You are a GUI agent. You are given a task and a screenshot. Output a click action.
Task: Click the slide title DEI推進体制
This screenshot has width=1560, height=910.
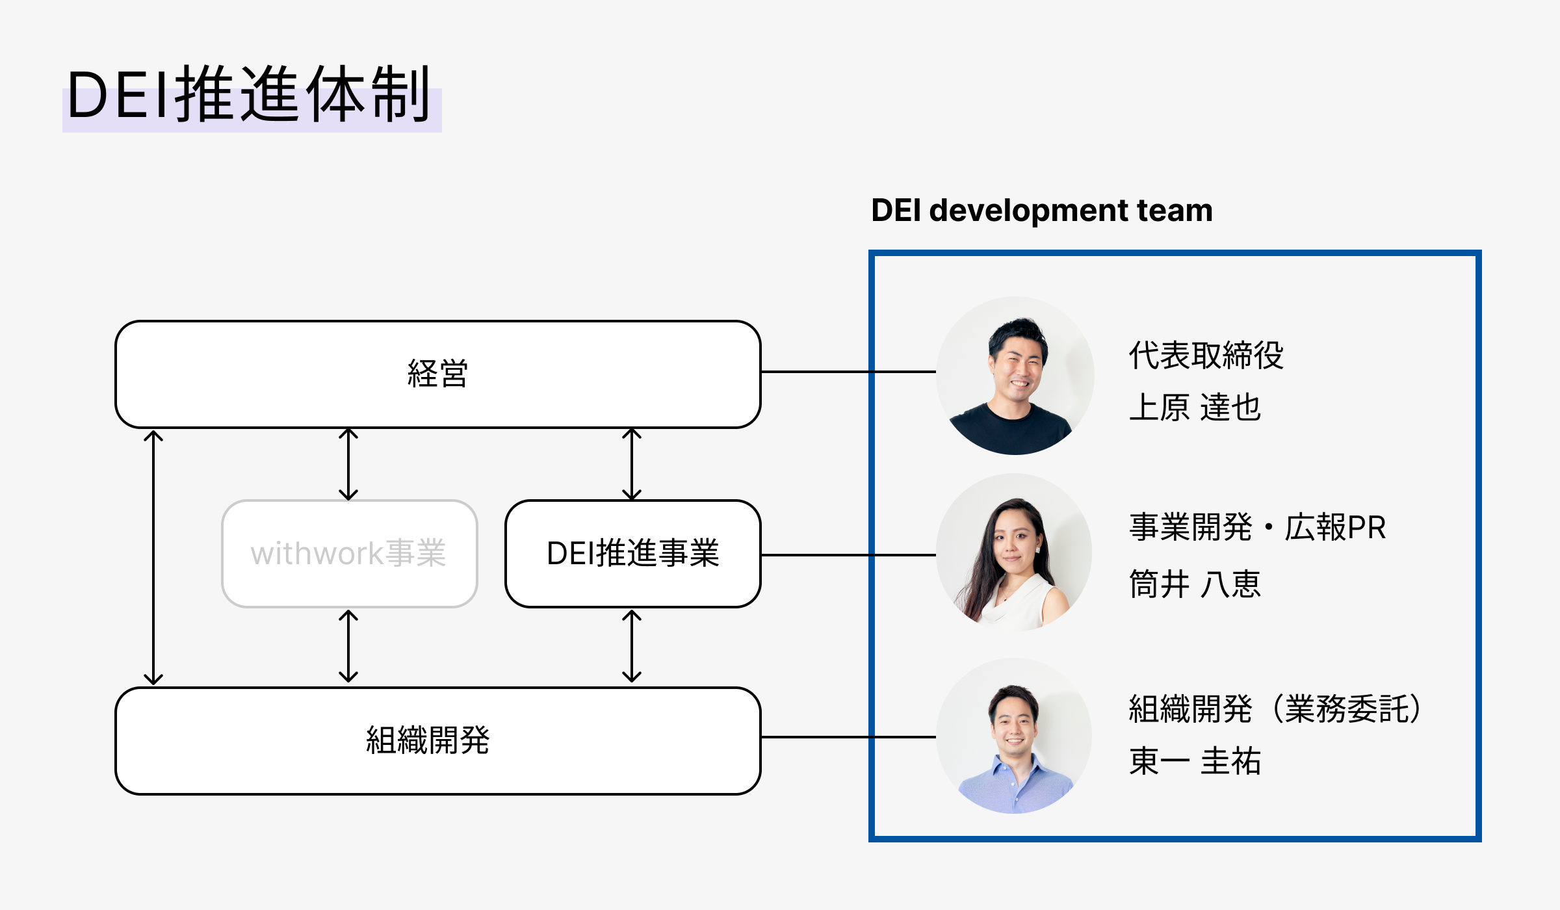[x=249, y=95]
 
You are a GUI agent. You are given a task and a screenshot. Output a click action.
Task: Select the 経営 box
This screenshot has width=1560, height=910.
[x=438, y=374]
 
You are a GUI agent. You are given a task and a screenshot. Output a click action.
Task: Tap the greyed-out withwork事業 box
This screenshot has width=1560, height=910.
[x=350, y=554]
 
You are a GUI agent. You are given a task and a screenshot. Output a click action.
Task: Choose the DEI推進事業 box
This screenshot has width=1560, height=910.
[x=633, y=554]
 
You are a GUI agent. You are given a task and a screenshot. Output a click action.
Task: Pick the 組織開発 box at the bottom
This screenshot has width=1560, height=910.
[x=438, y=741]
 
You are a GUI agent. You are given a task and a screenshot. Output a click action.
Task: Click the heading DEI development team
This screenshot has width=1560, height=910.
[x=1042, y=211]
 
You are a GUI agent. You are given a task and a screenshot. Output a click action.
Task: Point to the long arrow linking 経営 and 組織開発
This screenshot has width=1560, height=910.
[x=153, y=558]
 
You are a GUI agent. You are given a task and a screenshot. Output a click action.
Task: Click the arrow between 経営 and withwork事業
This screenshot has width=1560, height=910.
[x=348, y=464]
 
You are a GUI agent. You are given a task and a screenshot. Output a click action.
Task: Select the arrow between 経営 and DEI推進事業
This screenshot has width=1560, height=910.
[x=632, y=464]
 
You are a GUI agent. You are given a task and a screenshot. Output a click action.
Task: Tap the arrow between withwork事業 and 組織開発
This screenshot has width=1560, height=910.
[x=348, y=646]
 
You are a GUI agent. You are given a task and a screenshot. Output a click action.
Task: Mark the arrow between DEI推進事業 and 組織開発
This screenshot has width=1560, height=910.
[x=632, y=646]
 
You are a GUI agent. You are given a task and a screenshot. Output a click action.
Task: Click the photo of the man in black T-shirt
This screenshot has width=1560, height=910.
[x=1015, y=376]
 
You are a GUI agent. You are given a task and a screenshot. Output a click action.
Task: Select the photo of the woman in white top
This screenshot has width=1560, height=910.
[x=1014, y=552]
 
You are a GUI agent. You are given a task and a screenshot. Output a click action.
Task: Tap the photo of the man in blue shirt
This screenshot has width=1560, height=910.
[x=1014, y=736]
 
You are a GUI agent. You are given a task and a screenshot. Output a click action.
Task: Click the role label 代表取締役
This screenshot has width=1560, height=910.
[x=1206, y=356]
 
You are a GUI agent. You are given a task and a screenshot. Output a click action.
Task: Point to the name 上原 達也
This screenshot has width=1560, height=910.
[x=1195, y=408]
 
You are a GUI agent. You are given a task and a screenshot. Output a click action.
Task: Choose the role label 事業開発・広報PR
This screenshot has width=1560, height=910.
[x=1258, y=527]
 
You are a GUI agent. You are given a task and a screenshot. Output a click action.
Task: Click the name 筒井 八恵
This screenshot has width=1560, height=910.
[x=1195, y=584]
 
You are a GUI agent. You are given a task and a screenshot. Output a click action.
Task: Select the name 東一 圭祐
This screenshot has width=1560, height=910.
[x=1195, y=761]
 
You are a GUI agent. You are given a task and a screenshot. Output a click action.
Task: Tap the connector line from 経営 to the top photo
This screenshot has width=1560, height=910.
[x=848, y=372]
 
